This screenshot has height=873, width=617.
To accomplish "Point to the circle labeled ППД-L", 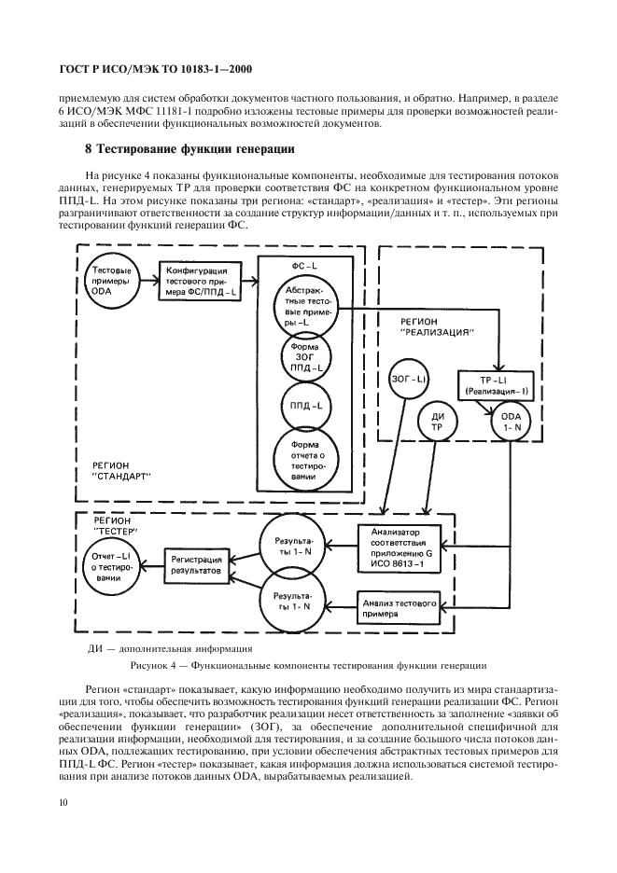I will coord(306,406).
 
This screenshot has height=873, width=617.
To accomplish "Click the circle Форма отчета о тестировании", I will coord(306,457).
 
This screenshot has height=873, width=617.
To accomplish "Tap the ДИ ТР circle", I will coord(435,423).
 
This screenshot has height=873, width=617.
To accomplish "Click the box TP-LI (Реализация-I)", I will coord(493,384).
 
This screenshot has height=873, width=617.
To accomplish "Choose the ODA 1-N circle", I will coord(510,423).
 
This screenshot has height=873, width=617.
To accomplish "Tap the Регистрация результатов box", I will coord(196,562).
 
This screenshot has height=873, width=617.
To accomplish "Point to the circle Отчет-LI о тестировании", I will coord(108,564).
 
